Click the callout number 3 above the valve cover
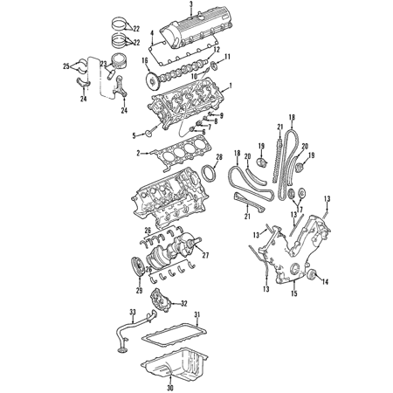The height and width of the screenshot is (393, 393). point(191,4)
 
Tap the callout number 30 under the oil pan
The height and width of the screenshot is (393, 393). point(170,388)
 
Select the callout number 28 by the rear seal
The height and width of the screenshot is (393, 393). point(219,157)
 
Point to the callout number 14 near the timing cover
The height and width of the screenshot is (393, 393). point(325,282)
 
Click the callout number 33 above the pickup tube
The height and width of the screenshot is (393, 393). point(133,313)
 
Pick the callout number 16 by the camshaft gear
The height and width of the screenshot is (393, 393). point(145,60)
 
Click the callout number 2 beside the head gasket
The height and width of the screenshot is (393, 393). point(139,153)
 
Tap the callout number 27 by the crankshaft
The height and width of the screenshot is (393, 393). point(205,255)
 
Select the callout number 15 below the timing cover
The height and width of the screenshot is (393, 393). point(294,293)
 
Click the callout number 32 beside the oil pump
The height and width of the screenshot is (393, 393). point(183,304)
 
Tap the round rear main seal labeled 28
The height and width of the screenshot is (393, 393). point(209,174)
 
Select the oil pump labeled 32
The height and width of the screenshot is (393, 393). point(160,300)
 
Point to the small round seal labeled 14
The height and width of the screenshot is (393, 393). point(312,275)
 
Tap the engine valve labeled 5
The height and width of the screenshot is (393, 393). point(154,130)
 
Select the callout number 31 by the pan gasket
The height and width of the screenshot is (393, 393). point(197,314)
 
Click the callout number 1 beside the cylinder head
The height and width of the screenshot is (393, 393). point(231,86)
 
